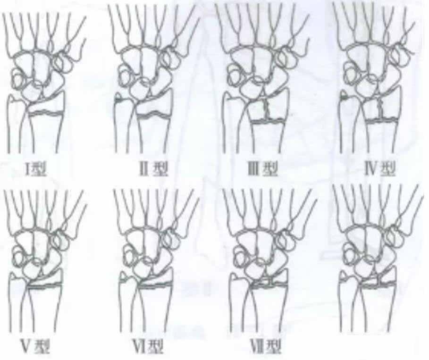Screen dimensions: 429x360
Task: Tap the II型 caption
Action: point(153,169)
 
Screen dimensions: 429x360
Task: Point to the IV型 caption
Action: point(380,169)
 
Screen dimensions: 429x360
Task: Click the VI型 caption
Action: point(148,346)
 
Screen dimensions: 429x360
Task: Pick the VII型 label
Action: point(266,346)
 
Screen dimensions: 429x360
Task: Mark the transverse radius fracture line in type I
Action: point(46,112)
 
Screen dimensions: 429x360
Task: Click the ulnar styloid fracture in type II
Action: point(119,100)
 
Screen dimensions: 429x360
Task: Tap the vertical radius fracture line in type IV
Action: point(380,108)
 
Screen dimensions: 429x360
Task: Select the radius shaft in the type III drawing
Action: point(266,137)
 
